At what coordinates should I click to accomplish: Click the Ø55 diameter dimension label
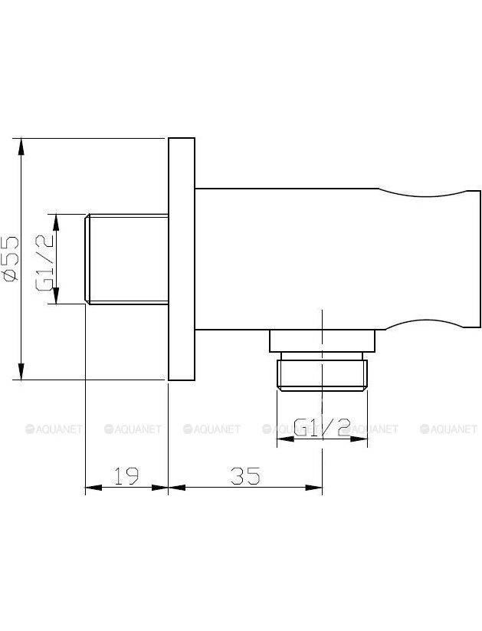[x=10, y=258]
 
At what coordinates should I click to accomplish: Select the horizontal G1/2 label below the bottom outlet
[x=323, y=428]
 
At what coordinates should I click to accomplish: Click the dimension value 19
[x=126, y=475]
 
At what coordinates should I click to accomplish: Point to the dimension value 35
[x=245, y=475]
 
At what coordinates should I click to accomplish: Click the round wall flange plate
[x=182, y=258]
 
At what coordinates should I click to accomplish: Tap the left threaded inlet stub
[x=126, y=259]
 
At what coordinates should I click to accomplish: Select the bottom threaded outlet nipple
[x=323, y=375]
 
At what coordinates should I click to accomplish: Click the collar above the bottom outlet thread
[x=323, y=341]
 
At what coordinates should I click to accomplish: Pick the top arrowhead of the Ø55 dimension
[x=21, y=146]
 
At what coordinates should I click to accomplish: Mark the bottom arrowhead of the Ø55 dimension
[x=21, y=372]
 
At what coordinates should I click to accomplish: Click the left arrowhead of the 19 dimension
[x=93, y=488]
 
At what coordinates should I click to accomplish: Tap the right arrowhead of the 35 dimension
[x=314, y=488]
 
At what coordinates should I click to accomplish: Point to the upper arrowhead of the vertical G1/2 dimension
[x=56, y=222]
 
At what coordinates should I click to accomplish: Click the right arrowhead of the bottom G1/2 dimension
[x=359, y=439]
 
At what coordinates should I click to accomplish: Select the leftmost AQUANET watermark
[x=54, y=429]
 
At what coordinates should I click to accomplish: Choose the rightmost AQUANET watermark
[x=448, y=429]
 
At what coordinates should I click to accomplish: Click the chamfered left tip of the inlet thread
[x=87, y=259]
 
